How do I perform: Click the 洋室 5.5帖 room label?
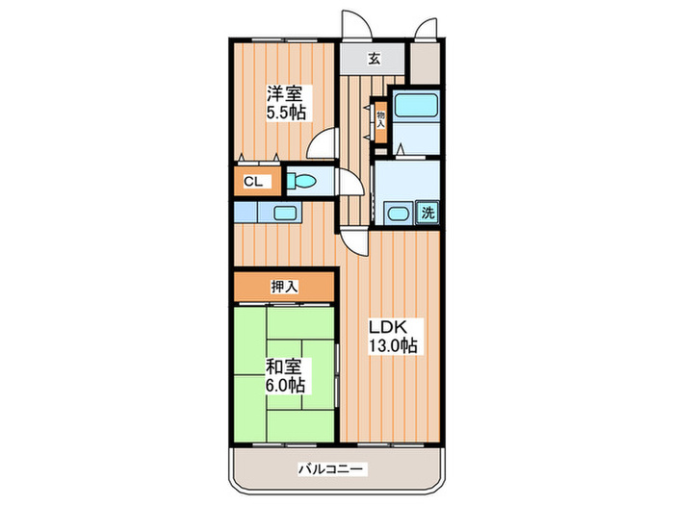286,103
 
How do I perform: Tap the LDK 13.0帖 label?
393,336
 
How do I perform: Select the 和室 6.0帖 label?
285,376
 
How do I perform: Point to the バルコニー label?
330,468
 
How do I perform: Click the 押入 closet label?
284,287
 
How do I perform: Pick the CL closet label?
252,182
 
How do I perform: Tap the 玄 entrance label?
374,59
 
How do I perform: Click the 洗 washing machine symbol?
428,213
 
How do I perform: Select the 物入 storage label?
381,120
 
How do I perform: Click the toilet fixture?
300,181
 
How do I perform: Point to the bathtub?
416,105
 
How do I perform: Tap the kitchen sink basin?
285,213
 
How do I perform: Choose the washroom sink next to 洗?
399,213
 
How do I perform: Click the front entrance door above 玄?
356,24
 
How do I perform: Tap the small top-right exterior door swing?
426,28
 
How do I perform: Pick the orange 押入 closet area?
284,287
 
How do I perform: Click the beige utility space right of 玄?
425,63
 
